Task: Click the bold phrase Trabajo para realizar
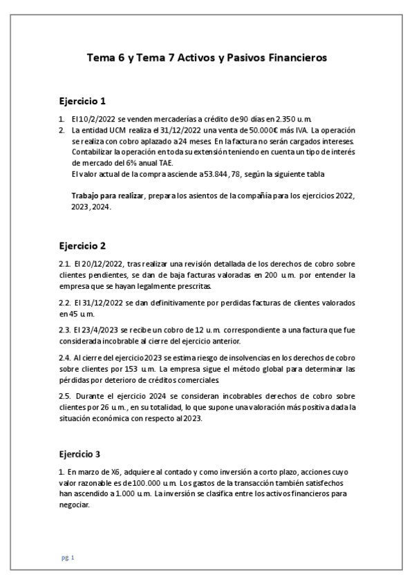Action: (x=107, y=196)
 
